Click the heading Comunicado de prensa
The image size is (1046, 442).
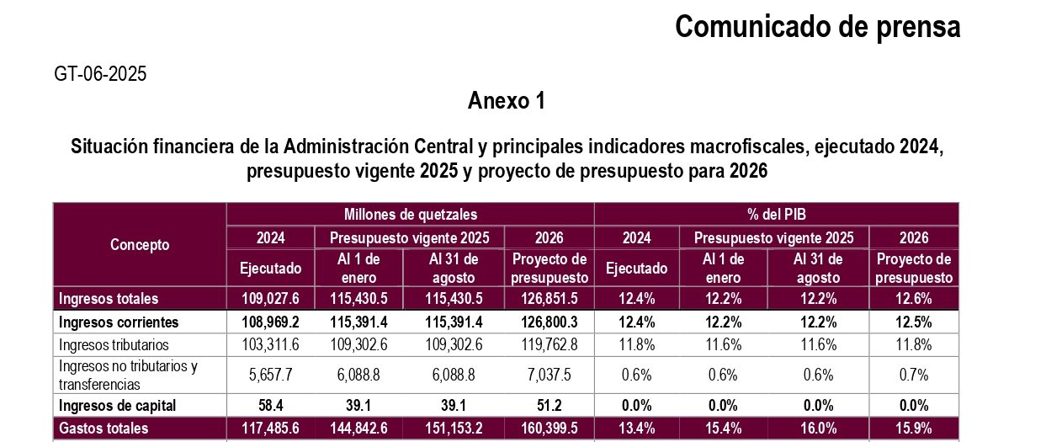[x=816, y=27]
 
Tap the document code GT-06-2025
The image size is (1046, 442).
[x=100, y=74]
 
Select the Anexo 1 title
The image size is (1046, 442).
[x=507, y=102]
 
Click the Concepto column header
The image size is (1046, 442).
[x=140, y=245]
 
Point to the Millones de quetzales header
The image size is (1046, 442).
[x=410, y=215]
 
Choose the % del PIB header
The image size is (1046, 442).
[x=776, y=215]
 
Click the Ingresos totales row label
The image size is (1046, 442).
[x=109, y=299]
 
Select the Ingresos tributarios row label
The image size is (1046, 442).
[x=114, y=345]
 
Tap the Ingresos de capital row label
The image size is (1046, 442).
[x=117, y=405]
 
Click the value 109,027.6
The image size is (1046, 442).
[x=271, y=299]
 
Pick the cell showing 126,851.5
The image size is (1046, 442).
[x=550, y=299]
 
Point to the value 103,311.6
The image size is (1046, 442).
[x=271, y=345]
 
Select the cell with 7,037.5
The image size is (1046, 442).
[x=550, y=375]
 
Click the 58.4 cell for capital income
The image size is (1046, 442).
[x=271, y=405]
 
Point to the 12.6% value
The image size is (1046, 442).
[x=914, y=299]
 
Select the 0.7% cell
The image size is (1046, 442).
[x=914, y=375]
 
